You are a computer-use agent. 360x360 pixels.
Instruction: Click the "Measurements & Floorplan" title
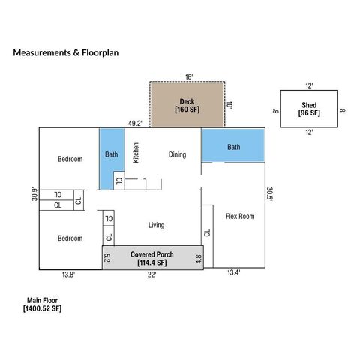coord(66,54)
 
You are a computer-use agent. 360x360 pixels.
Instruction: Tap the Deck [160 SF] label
coord(187,106)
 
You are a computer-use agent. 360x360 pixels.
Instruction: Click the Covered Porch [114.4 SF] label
coord(152,259)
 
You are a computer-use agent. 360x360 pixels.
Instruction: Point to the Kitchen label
coord(136,153)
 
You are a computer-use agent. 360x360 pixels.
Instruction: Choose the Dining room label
coord(177,155)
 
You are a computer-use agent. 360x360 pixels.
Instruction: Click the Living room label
coord(156,225)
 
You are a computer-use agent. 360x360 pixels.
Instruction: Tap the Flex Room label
coord(240,217)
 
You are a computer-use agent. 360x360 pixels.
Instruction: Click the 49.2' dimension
coord(135,123)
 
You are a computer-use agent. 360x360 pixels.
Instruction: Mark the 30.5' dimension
coord(270,193)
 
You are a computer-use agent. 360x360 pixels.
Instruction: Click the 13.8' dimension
coord(68,274)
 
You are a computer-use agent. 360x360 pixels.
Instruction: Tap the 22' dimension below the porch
coord(152,274)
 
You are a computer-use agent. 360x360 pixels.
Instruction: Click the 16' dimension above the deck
coord(189,76)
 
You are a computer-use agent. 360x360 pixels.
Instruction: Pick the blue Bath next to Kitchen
coord(112,155)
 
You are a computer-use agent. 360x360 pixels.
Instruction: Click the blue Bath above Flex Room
coord(233,148)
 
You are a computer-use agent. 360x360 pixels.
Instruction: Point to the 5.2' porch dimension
coord(107,258)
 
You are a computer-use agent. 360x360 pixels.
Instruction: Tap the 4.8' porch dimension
coord(198,258)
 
